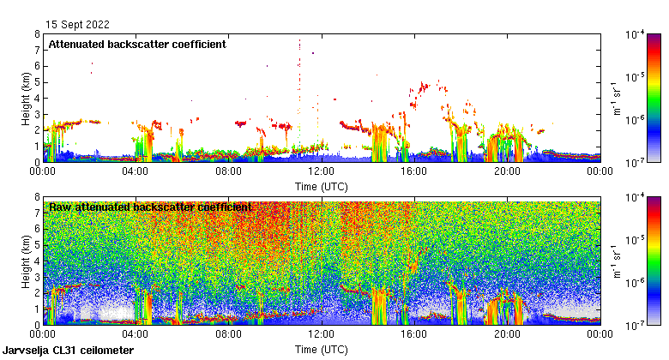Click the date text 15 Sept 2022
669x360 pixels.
tap(78, 25)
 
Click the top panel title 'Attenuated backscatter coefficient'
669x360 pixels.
tap(137, 44)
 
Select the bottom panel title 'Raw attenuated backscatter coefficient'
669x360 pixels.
tap(150, 207)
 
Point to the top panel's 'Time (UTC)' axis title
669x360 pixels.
tap(321, 186)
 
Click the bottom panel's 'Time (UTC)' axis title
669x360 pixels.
tap(321, 350)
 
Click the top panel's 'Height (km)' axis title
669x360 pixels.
tap(25, 98)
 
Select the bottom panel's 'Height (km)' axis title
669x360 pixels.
tap(25, 261)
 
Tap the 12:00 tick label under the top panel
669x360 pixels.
tap(321, 171)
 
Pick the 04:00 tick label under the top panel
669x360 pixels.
tap(136, 171)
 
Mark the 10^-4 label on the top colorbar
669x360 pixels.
tap(636, 34)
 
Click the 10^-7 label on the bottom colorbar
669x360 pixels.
tap(636, 325)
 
